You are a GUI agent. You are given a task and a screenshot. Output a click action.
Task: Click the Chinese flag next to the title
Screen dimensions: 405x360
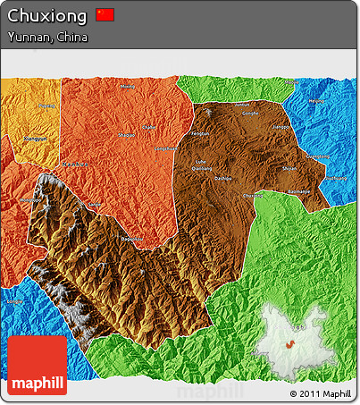tap(105, 14)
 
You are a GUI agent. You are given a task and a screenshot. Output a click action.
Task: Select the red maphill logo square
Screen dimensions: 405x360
tap(37, 366)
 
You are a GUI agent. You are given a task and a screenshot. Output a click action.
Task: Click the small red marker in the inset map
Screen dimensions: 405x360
tap(290, 345)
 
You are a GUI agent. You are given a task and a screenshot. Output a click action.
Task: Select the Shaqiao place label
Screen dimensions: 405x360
tap(127, 134)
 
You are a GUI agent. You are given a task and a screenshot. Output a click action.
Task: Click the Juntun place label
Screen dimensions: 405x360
tap(241, 105)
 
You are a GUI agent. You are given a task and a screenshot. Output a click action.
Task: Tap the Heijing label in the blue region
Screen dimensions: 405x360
tap(317, 101)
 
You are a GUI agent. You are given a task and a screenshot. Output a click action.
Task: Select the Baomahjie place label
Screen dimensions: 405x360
tap(299, 190)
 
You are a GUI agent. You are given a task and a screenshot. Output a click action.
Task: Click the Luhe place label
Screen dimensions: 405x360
tap(200, 161)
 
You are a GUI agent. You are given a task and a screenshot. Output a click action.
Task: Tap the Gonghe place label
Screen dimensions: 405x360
tap(251, 114)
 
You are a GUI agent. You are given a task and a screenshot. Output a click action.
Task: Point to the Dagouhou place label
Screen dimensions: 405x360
tap(131, 240)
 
